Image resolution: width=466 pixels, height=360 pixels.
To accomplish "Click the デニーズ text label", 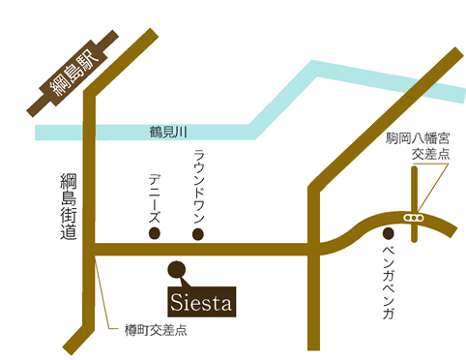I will (x=155, y=199).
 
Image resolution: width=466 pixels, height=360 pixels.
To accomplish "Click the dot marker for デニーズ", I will (x=154, y=233).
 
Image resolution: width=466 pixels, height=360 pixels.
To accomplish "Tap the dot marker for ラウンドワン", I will (x=198, y=233).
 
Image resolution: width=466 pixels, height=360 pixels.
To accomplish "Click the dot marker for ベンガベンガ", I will (x=388, y=233).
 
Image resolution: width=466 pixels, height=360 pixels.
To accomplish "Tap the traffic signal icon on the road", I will (x=414, y=218).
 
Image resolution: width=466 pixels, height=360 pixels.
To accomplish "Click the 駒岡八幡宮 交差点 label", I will (x=415, y=146).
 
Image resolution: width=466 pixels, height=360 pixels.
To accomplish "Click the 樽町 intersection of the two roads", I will (x=93, y=250).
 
